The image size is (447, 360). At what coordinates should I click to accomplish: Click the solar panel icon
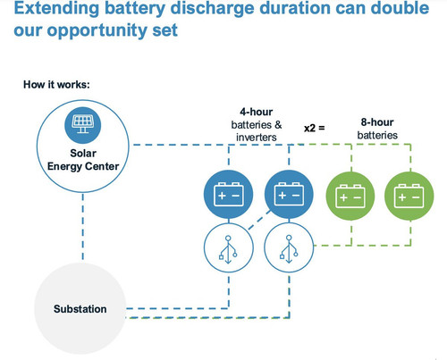83,125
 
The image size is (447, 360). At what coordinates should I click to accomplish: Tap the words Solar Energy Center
83,160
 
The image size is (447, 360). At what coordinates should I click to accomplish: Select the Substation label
80,309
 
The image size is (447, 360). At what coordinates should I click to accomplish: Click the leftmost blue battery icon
229,195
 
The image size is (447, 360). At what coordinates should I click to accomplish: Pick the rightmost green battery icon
409,196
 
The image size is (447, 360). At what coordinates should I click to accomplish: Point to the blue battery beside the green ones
289,195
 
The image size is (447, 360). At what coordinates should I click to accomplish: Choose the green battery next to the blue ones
350,196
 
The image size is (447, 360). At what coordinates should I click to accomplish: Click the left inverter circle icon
229,248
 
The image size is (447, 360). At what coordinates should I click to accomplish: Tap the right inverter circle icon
289,248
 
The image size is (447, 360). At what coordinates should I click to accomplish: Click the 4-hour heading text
257,112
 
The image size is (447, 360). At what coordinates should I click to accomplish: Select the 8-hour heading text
377,122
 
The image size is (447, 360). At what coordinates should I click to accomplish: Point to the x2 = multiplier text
315,128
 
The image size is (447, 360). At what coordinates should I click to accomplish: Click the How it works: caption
56,85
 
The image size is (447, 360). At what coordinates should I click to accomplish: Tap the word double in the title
400,8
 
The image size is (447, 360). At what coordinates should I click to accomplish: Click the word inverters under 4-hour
257,138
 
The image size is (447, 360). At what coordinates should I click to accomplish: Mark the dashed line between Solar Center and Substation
83,227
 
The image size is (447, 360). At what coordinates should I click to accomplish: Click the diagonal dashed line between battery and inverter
259,220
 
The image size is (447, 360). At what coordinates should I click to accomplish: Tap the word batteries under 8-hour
377,135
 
